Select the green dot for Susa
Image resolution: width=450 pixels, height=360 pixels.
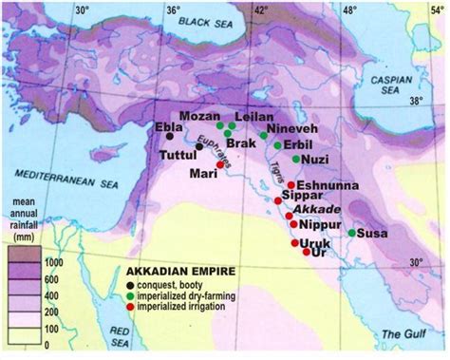coord(352,233)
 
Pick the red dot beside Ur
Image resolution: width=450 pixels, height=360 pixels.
coord(306,254)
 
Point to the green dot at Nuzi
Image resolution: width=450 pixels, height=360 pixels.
coord(295,160)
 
